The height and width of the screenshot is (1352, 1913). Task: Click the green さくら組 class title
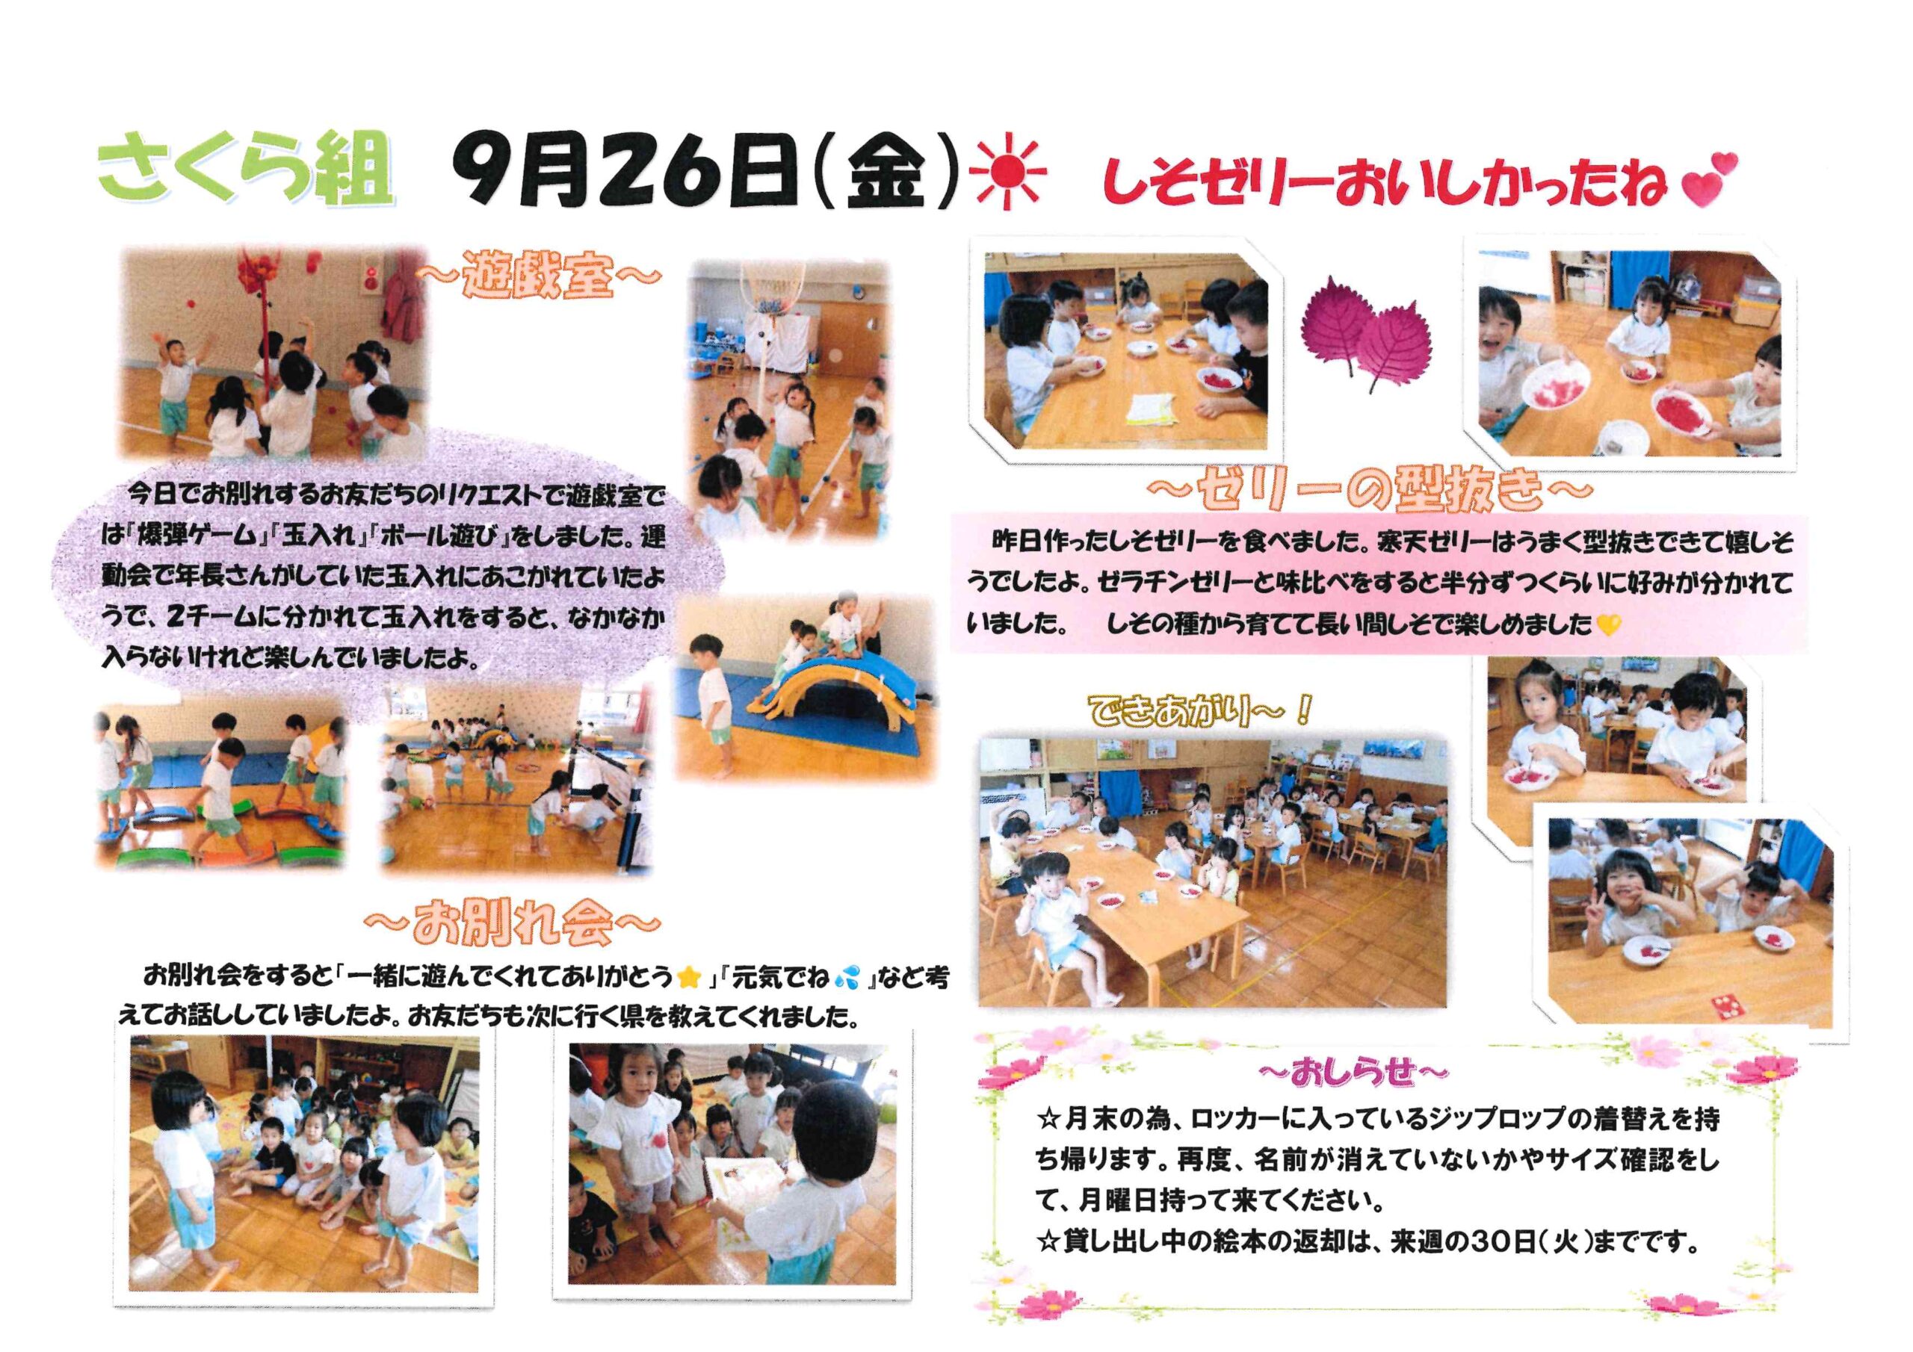pyautogui.click(x=244, y=172)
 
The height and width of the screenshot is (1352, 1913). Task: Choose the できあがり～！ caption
pyautogui.click(x=1201, y=710)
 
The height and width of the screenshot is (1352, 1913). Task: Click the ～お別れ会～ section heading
pyautogui.click(x=513, y=925)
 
